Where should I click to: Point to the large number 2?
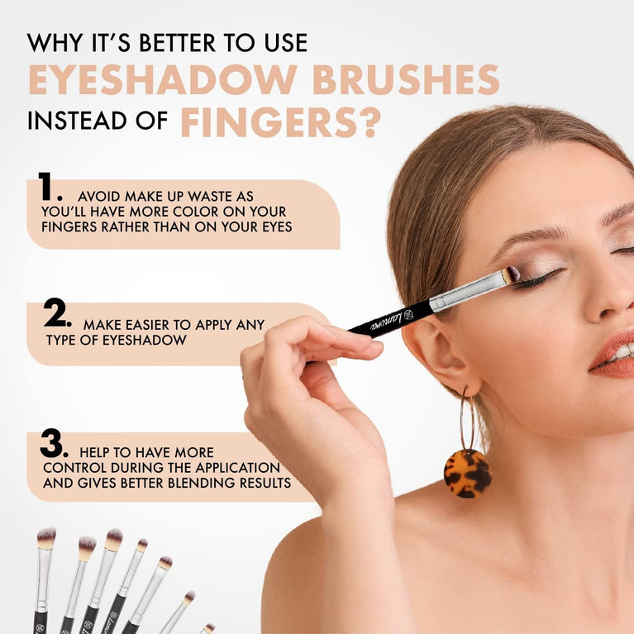coord(56,313)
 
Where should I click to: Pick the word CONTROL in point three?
coord(74,468)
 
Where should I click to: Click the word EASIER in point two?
coord(161,325)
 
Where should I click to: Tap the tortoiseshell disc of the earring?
coord(467,473)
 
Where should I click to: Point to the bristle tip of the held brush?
coord(512,274)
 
